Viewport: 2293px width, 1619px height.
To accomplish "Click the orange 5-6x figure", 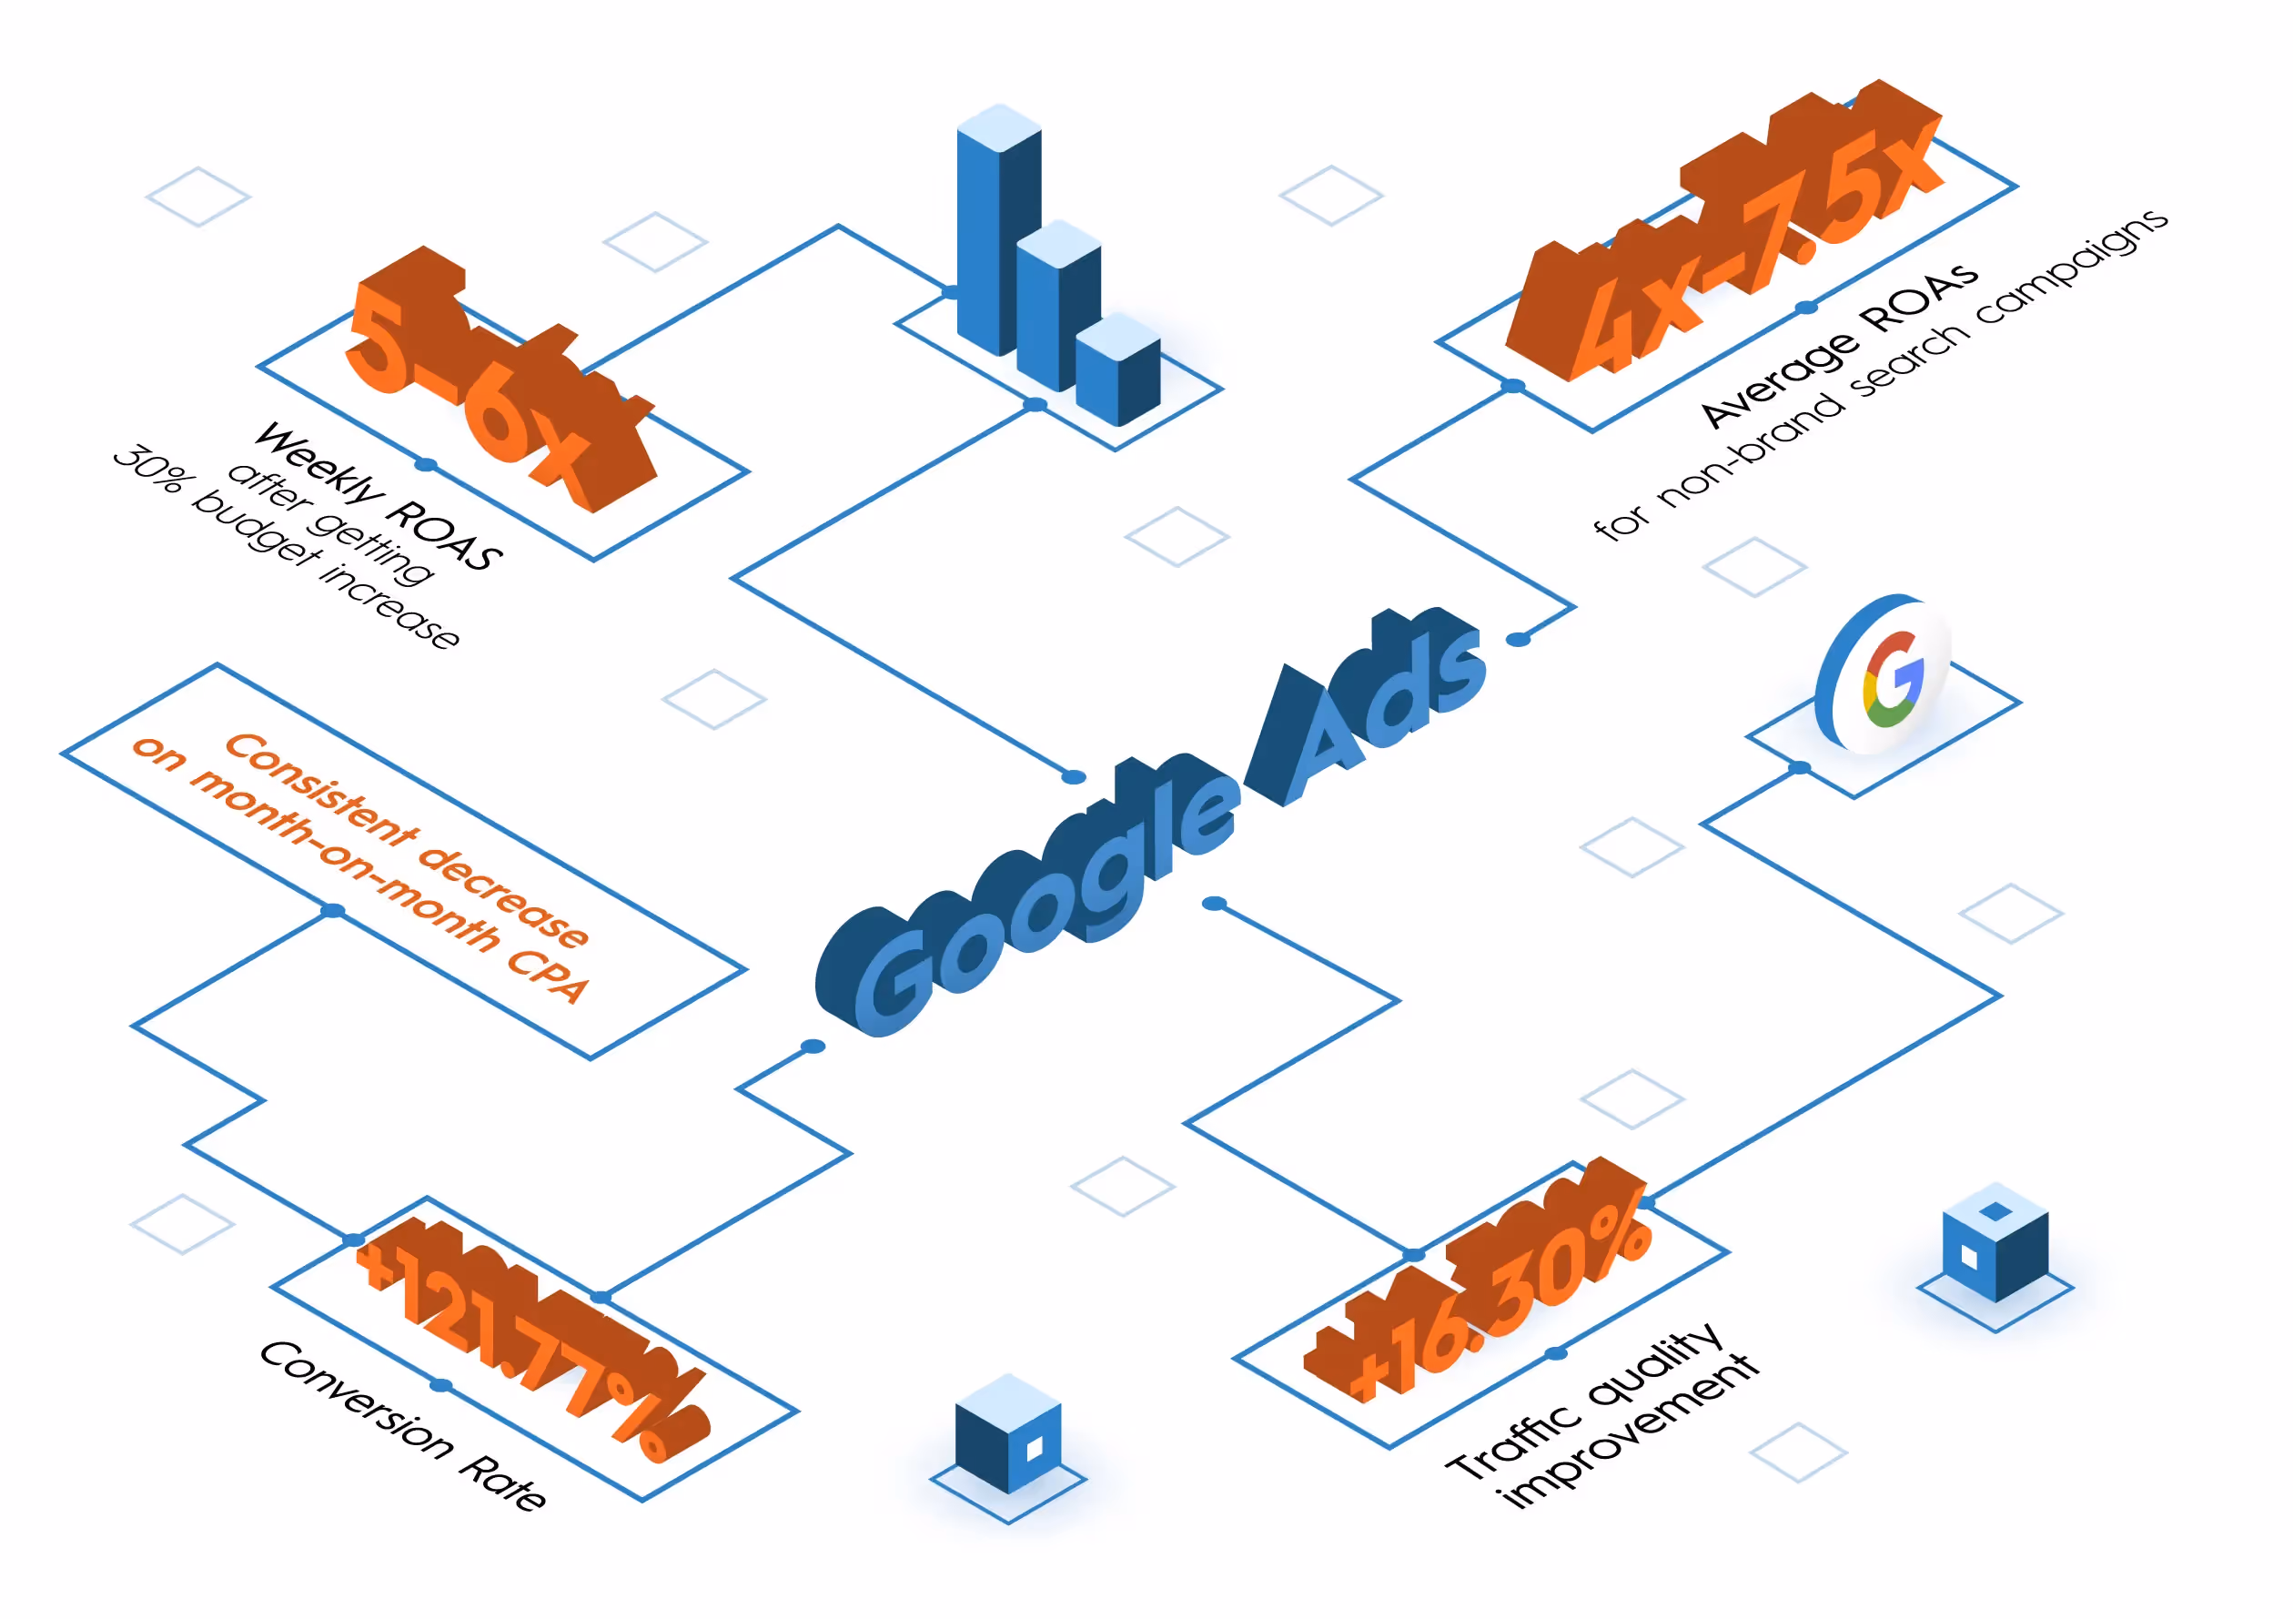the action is pyautogui.click(x=500, y=379).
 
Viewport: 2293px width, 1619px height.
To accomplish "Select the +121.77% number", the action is pyautogui.click(x=534, y=1339).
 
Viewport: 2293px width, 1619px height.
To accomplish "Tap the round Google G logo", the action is pyautogui.click(x=1883, y=673).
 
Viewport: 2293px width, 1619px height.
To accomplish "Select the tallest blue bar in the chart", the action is pyautogui.click(x=999, y=229).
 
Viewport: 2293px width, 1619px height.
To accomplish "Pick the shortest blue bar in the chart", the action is pyautogui.click(x=1117, y=369).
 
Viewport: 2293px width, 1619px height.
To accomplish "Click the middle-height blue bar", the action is pyautogui.click(x=1058, y=306).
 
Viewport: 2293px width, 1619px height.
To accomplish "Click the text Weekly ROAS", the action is pyautogui.click(x=379, y=496).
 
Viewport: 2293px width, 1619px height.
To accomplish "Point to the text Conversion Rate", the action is pyautogui.click(x=402, y=1425).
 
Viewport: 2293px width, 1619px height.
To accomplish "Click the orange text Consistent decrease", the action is pyautogui.click(x=408, y=840).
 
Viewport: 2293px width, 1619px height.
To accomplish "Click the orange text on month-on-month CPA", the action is pyautogui.click(x=360, y=870).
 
